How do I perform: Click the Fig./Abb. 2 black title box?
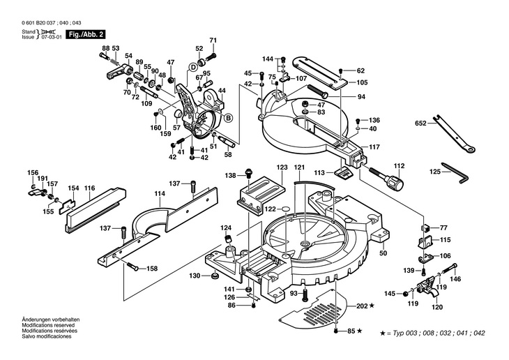tap(86, 34)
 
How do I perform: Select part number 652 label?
tap(420, 123)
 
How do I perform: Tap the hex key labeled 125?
tap(455, 172)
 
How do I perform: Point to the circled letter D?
tap(193, 67)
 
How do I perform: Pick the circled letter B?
tap(229, 118)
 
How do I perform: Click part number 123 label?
tap(282, 167)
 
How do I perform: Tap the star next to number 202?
tap(372, 306)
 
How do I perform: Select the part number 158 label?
tap(152, 269)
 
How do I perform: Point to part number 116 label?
tap(89, 188)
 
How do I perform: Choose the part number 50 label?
tap(383, 253)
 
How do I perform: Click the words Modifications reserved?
tap(48, 325)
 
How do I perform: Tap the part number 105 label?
tap(362, 82)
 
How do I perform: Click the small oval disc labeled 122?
tap(287, 209)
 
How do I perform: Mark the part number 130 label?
tap(195, 276)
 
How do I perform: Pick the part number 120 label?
tap(438, 307)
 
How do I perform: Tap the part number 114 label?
tap(160, 194)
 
